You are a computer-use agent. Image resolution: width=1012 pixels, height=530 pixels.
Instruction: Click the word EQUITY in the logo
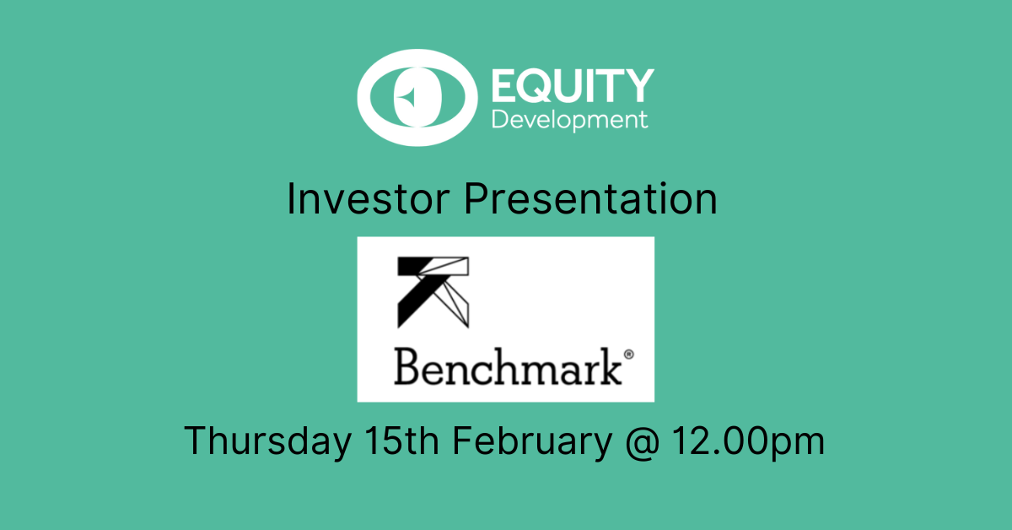573,85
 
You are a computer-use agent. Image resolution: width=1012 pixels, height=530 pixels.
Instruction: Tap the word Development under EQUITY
570,121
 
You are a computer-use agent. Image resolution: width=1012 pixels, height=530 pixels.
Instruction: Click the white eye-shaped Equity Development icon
417,97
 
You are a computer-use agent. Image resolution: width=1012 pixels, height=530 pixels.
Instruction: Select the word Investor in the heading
368,199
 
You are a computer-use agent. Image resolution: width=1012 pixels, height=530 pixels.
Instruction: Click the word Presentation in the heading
590,199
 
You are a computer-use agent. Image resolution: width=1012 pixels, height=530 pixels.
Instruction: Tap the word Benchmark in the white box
508,367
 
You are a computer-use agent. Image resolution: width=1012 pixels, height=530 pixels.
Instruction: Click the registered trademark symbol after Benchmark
628,354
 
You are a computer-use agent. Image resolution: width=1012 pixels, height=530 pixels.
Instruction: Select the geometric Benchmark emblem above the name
433,292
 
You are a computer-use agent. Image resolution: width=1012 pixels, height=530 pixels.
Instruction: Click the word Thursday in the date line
267,441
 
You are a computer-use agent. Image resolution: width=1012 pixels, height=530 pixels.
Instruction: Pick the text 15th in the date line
401,440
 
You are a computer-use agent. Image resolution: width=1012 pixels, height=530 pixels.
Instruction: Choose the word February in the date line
532,441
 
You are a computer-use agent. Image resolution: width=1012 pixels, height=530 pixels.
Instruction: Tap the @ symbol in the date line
643,442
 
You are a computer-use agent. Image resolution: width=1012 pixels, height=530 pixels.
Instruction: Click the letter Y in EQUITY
638,85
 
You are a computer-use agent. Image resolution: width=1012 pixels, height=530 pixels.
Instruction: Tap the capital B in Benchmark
408,367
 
